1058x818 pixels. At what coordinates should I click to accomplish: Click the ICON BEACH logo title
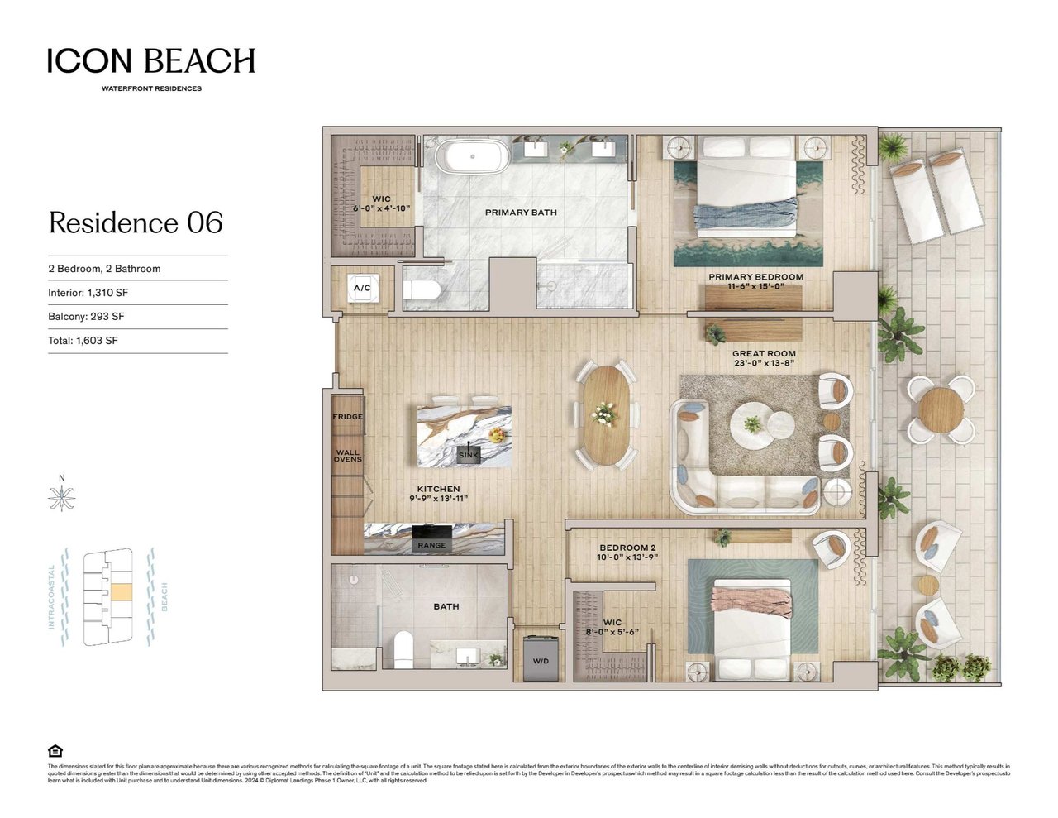click(150, 61)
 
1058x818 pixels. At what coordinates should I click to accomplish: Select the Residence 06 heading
click(136, 222)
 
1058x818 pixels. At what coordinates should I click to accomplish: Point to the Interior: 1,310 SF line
click(88, 293)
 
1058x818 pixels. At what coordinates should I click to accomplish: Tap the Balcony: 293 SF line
click(86, 317)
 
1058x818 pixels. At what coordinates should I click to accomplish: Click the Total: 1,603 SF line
click(83, 341)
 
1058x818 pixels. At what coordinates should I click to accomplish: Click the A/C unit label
click(362, 288)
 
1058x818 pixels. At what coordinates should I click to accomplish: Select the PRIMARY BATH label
click(521, 213)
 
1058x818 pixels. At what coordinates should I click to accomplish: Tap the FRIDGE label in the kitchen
click(347, 417)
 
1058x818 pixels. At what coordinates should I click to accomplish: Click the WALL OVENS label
click(347, 456)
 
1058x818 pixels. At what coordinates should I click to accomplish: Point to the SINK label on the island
click(468, 455)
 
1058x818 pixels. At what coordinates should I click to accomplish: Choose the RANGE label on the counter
click(431, 545)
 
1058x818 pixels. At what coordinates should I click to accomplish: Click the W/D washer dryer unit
click(541, 658)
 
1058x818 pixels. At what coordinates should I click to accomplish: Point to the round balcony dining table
click(940, 409)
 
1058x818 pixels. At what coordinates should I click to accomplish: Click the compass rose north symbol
click(62, 498)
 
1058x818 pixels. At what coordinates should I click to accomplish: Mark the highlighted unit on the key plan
click(121, 592)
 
